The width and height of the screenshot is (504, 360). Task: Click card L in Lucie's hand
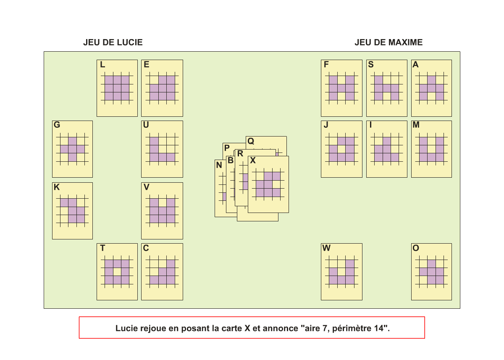click(x=117, y=88)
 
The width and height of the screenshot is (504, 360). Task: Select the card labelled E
click(x=162, y=88)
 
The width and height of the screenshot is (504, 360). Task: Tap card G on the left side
click(x=72, y=149)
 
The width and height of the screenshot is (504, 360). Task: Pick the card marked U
click(x=162, y=149)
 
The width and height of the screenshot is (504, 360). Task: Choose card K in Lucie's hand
click(x=72, y=210)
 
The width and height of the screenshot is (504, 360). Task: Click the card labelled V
click(x=162, y=210)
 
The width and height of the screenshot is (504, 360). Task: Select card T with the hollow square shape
click(x=117, y=272)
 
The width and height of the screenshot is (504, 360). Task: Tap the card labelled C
click(x=162, y=272)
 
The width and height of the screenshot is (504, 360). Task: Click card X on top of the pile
click(x=268, y=185)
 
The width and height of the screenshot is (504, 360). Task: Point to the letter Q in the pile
click(x=251, y=142)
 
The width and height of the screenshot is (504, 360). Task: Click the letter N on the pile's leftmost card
click(x=219, y=166)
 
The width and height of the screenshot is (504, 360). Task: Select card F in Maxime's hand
click(x=341, y=88)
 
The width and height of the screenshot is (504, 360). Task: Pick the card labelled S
click(x=386, y=88)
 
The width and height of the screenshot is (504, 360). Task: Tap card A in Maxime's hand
click(x=431, y=88)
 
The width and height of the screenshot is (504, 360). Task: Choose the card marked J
click(x=341, y=149)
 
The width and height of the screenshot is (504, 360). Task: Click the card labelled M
click(x=431, y=149)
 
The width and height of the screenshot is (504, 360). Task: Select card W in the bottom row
click(x=341, y=272)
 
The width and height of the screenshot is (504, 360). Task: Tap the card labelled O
click(x=431, y=272)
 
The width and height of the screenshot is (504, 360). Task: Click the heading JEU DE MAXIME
click(x=388, y=42)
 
